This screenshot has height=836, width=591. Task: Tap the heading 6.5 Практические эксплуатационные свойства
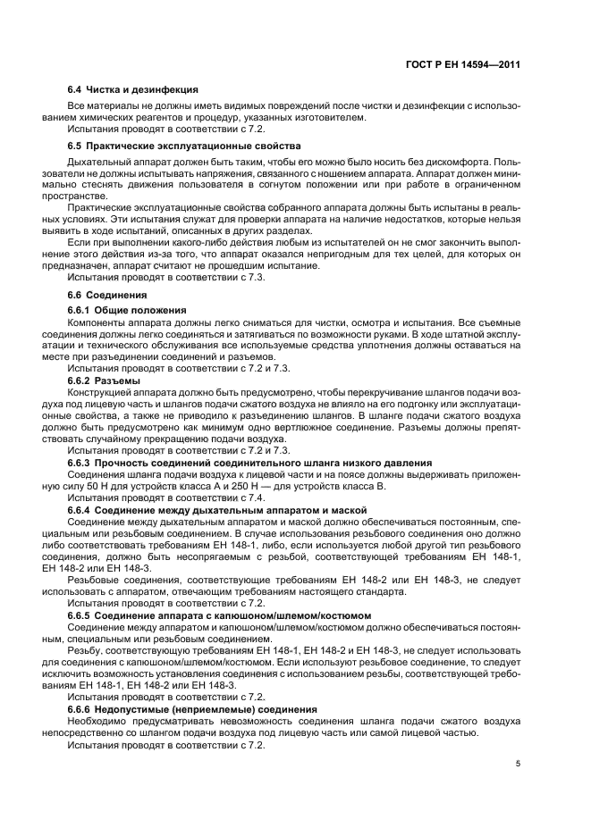coord(184,145)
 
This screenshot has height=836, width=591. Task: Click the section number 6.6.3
coord(82,463)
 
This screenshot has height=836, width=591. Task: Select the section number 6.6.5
coord(82,615)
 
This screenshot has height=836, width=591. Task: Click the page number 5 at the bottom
coord(518,764)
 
